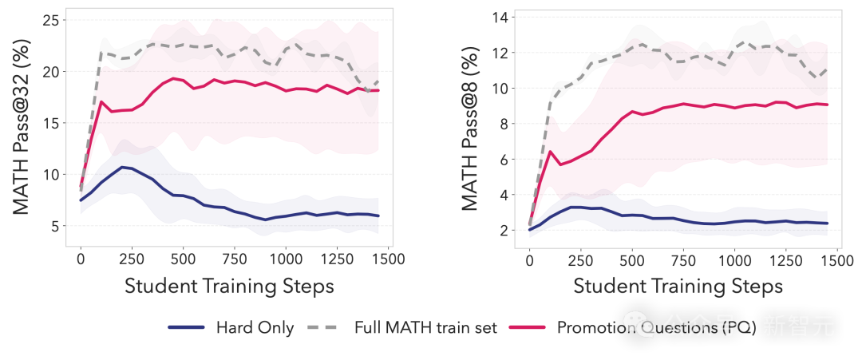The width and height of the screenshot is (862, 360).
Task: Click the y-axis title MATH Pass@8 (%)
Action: pos(471,131)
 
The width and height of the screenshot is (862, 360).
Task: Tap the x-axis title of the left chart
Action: pos(229,286)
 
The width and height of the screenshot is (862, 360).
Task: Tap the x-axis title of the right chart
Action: pos(678,286)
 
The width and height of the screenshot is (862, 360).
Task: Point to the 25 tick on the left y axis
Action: pos(51,20)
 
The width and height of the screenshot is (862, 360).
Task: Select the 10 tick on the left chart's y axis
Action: pos(51,174)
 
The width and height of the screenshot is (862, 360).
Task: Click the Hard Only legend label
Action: pos(255,328)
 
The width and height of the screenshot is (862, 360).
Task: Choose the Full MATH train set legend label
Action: pos(425,328)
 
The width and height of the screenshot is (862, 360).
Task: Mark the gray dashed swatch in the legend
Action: pos(322,328)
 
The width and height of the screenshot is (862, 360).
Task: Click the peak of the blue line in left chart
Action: pos(121,167)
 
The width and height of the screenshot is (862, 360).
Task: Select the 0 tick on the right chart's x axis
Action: pos(528,259)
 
